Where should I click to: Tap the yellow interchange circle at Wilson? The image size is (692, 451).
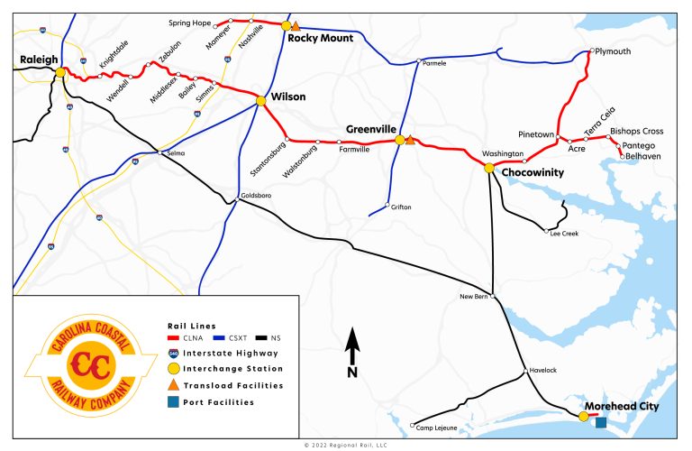point(260,101)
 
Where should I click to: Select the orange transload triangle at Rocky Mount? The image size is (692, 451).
point(296,27)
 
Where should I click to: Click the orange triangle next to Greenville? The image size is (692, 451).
point(411,140)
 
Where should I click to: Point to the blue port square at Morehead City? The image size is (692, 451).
point(600,422)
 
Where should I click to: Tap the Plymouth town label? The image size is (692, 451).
point(615,51)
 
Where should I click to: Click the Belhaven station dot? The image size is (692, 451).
point(622,158)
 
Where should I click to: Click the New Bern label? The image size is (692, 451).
point(473,296)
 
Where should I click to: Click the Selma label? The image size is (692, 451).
point(175,153)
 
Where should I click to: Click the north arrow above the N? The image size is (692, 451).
point(353,343)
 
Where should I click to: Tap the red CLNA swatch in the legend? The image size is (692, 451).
point(175,337)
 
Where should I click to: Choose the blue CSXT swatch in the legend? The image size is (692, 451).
point(216,337)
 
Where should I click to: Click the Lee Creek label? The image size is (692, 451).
point(563,234)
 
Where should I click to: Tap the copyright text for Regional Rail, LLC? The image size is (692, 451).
point(346,445)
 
